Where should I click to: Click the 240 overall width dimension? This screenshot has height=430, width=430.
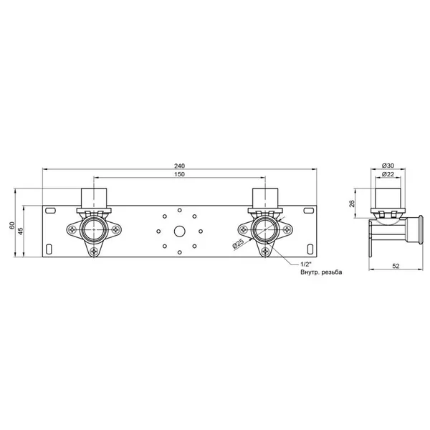180,166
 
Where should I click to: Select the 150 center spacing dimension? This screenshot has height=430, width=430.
180,174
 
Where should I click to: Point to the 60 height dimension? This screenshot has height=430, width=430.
12,226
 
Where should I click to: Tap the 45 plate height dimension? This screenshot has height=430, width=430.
21,231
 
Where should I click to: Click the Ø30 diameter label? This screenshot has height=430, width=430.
388,166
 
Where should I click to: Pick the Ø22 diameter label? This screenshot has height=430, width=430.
388,174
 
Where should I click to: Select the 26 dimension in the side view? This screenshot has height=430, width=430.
352,204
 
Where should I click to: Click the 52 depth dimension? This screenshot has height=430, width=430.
396,266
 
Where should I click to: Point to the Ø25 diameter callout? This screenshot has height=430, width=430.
238,244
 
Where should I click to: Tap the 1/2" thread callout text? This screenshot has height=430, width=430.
306,264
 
